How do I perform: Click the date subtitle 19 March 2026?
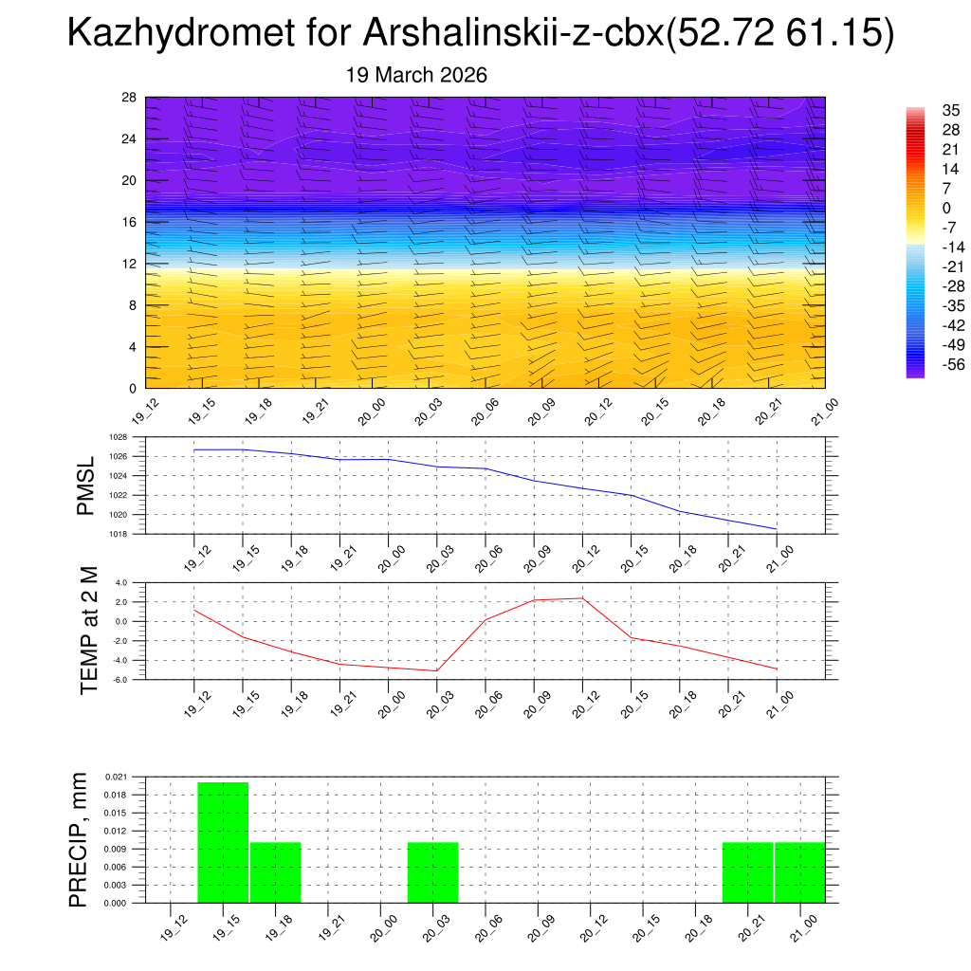[x=416, y=75]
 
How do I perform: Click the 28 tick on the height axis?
[x=129, y=98]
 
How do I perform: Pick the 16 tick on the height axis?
[x=129, y=222]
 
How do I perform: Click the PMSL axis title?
[x=86, y=485]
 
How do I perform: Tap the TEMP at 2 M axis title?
[x=90, y=630]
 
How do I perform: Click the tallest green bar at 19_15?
[x=223, y=842]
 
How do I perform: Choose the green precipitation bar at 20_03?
[x=433, y=872]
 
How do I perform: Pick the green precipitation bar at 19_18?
[x=276, y=872]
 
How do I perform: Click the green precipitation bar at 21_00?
[x=800, y=872]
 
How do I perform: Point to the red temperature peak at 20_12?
[x=582, y=597]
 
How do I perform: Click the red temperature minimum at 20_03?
[x=436, y=671]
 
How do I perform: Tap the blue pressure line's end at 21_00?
[x=777, y=528]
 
